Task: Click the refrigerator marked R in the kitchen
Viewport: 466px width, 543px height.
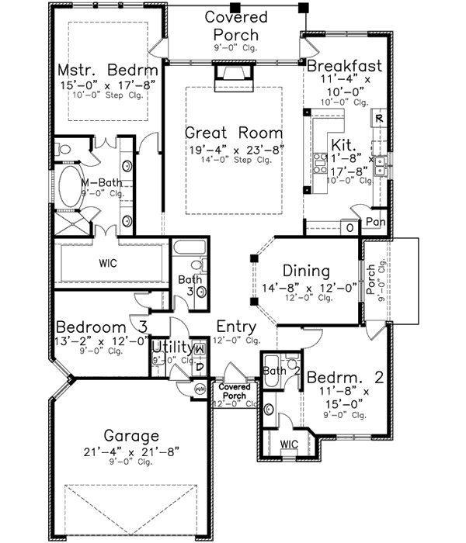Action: tap(378, 119)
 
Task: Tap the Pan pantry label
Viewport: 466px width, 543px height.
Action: tap(377, 222)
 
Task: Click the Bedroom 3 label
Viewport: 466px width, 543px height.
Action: tap(102, 326)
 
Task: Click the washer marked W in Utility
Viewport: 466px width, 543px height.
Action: tap(199, 351)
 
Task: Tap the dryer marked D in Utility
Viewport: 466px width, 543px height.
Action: tap(199, 366)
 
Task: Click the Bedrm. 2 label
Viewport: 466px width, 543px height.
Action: tap(345, 378)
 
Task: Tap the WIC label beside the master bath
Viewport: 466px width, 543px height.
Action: tap(108, 264)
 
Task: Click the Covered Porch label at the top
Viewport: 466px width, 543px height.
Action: tap(236, 25)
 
